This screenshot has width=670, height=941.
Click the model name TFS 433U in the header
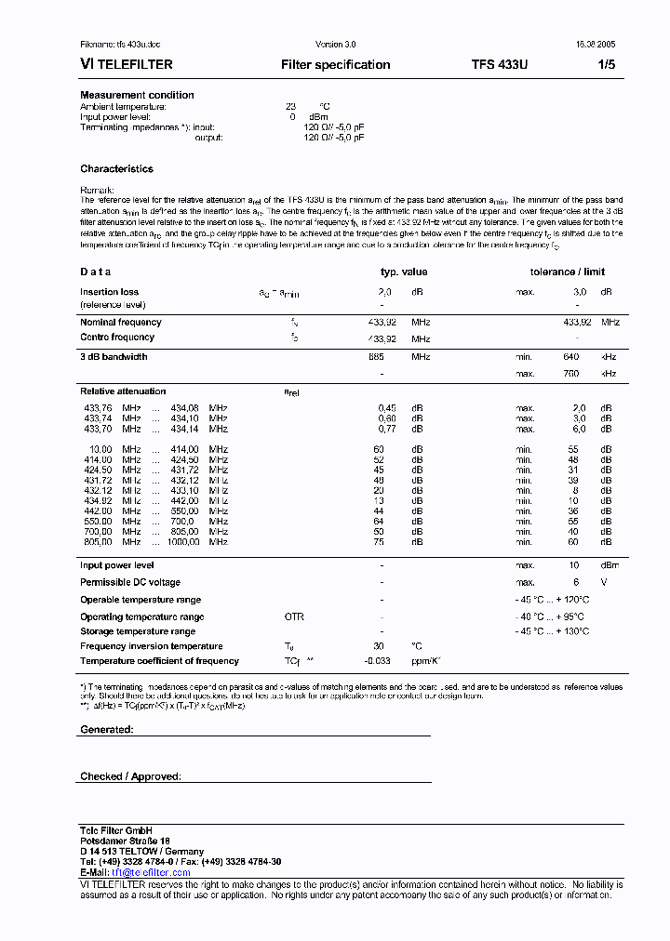500,64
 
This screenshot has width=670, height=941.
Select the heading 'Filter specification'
335,64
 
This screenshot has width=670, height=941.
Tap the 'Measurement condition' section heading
137,95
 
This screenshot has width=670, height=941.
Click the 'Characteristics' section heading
116,169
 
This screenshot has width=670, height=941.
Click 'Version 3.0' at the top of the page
336,45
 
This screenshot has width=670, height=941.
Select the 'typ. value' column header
403,272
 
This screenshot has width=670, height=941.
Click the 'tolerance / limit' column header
567,272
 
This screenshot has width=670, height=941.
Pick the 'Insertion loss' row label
109,292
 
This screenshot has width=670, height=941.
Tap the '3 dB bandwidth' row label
114,357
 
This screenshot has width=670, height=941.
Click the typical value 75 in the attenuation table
379,542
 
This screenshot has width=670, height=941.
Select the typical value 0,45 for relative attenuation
387,408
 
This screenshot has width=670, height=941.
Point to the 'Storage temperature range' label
138,631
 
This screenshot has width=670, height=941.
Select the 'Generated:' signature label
106,730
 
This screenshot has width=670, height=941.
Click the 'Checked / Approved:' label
130,776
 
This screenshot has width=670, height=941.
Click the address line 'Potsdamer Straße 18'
125,841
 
